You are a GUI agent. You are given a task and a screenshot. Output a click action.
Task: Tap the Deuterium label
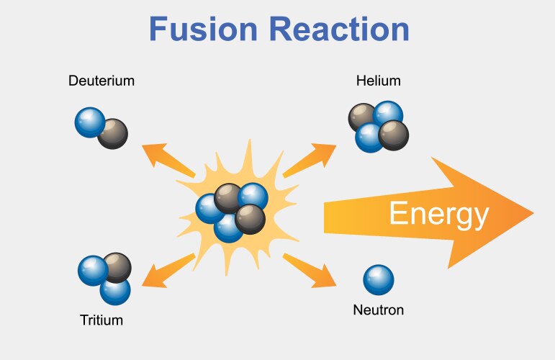coord(101,81)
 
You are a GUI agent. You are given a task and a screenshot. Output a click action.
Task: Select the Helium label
coord(378,81)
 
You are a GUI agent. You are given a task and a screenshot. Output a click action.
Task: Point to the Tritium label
coord(101,320)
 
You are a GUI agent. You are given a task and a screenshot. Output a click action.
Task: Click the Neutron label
coord(378,311)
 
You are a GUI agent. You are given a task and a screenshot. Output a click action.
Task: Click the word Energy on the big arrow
coord(439,214)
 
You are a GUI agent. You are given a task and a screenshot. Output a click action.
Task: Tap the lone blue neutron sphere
coord(378,280)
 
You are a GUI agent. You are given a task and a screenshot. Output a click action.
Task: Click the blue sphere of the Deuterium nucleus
coord(89,122)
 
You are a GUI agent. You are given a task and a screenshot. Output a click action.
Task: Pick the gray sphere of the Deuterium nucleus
coord(113,133)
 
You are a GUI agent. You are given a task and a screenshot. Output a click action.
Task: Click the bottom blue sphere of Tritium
coord(115,290)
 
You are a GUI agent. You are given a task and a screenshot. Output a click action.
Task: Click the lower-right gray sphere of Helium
coord(394,134)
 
